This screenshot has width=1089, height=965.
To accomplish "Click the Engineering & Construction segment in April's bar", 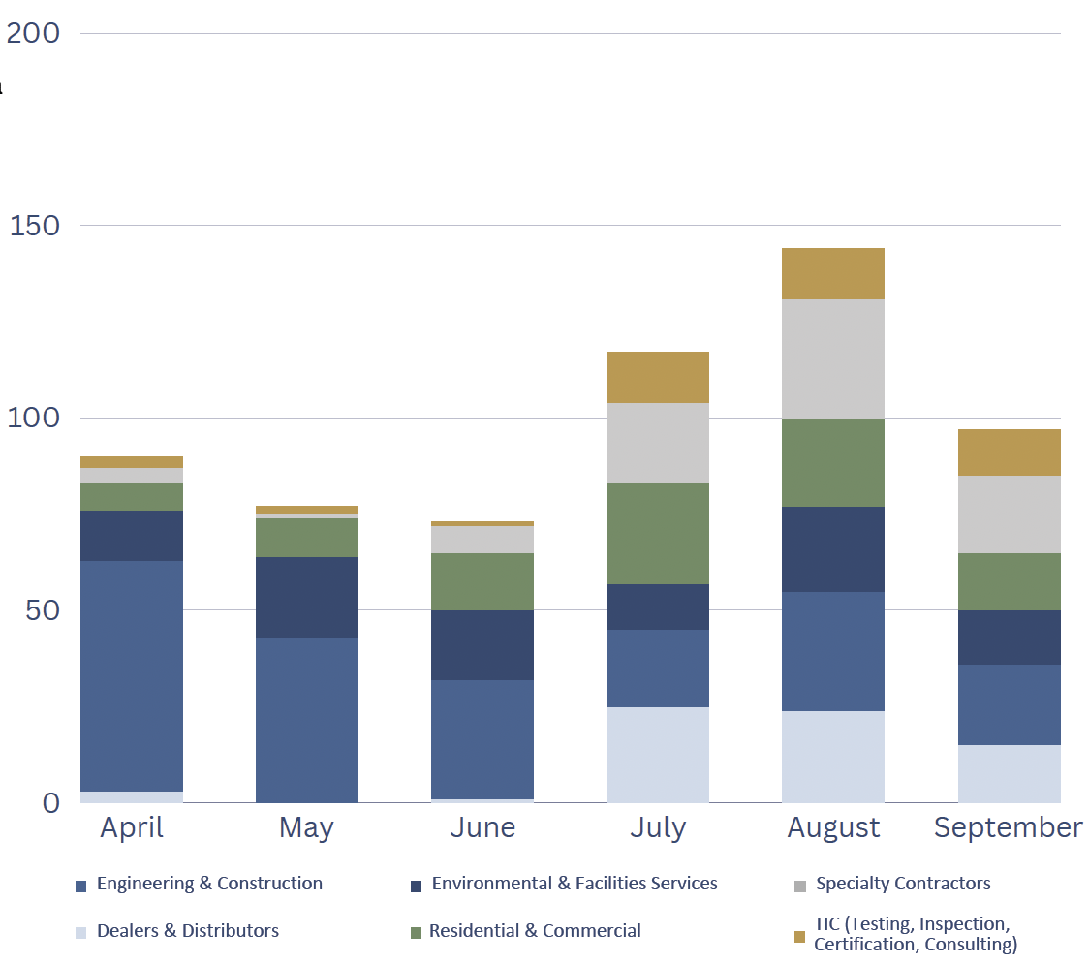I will pos(132,675).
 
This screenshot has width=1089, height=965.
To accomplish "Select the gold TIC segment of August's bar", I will pos(833,273).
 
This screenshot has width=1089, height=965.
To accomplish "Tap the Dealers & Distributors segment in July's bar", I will pos(658,754).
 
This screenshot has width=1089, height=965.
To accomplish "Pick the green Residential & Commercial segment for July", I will pos(658,533).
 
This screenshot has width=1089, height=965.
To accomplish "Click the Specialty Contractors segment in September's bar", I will pos(1009,514).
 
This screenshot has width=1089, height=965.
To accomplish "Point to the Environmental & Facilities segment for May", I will pos(307,597).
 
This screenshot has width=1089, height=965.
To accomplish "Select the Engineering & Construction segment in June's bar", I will pos(482,738).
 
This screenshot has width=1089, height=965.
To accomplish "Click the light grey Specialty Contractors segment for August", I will pos(833,358).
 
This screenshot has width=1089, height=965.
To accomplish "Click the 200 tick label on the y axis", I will pos(33,33).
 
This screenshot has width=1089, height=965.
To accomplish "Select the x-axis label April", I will pos(132,827).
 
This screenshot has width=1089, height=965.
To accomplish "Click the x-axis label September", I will pos(1009,827).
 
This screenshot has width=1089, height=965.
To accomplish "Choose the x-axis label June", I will pos(482,827).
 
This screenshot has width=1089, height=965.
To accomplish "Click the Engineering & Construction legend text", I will pos(209,884).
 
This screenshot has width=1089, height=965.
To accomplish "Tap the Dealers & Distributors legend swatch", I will pos(81,933).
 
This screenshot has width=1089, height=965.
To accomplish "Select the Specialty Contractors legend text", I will pos(903,884).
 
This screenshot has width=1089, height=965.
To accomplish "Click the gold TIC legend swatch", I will pos(799,937).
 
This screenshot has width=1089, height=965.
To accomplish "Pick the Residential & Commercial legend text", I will pos(535,931).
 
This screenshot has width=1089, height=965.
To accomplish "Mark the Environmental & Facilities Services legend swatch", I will pos(417,886).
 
